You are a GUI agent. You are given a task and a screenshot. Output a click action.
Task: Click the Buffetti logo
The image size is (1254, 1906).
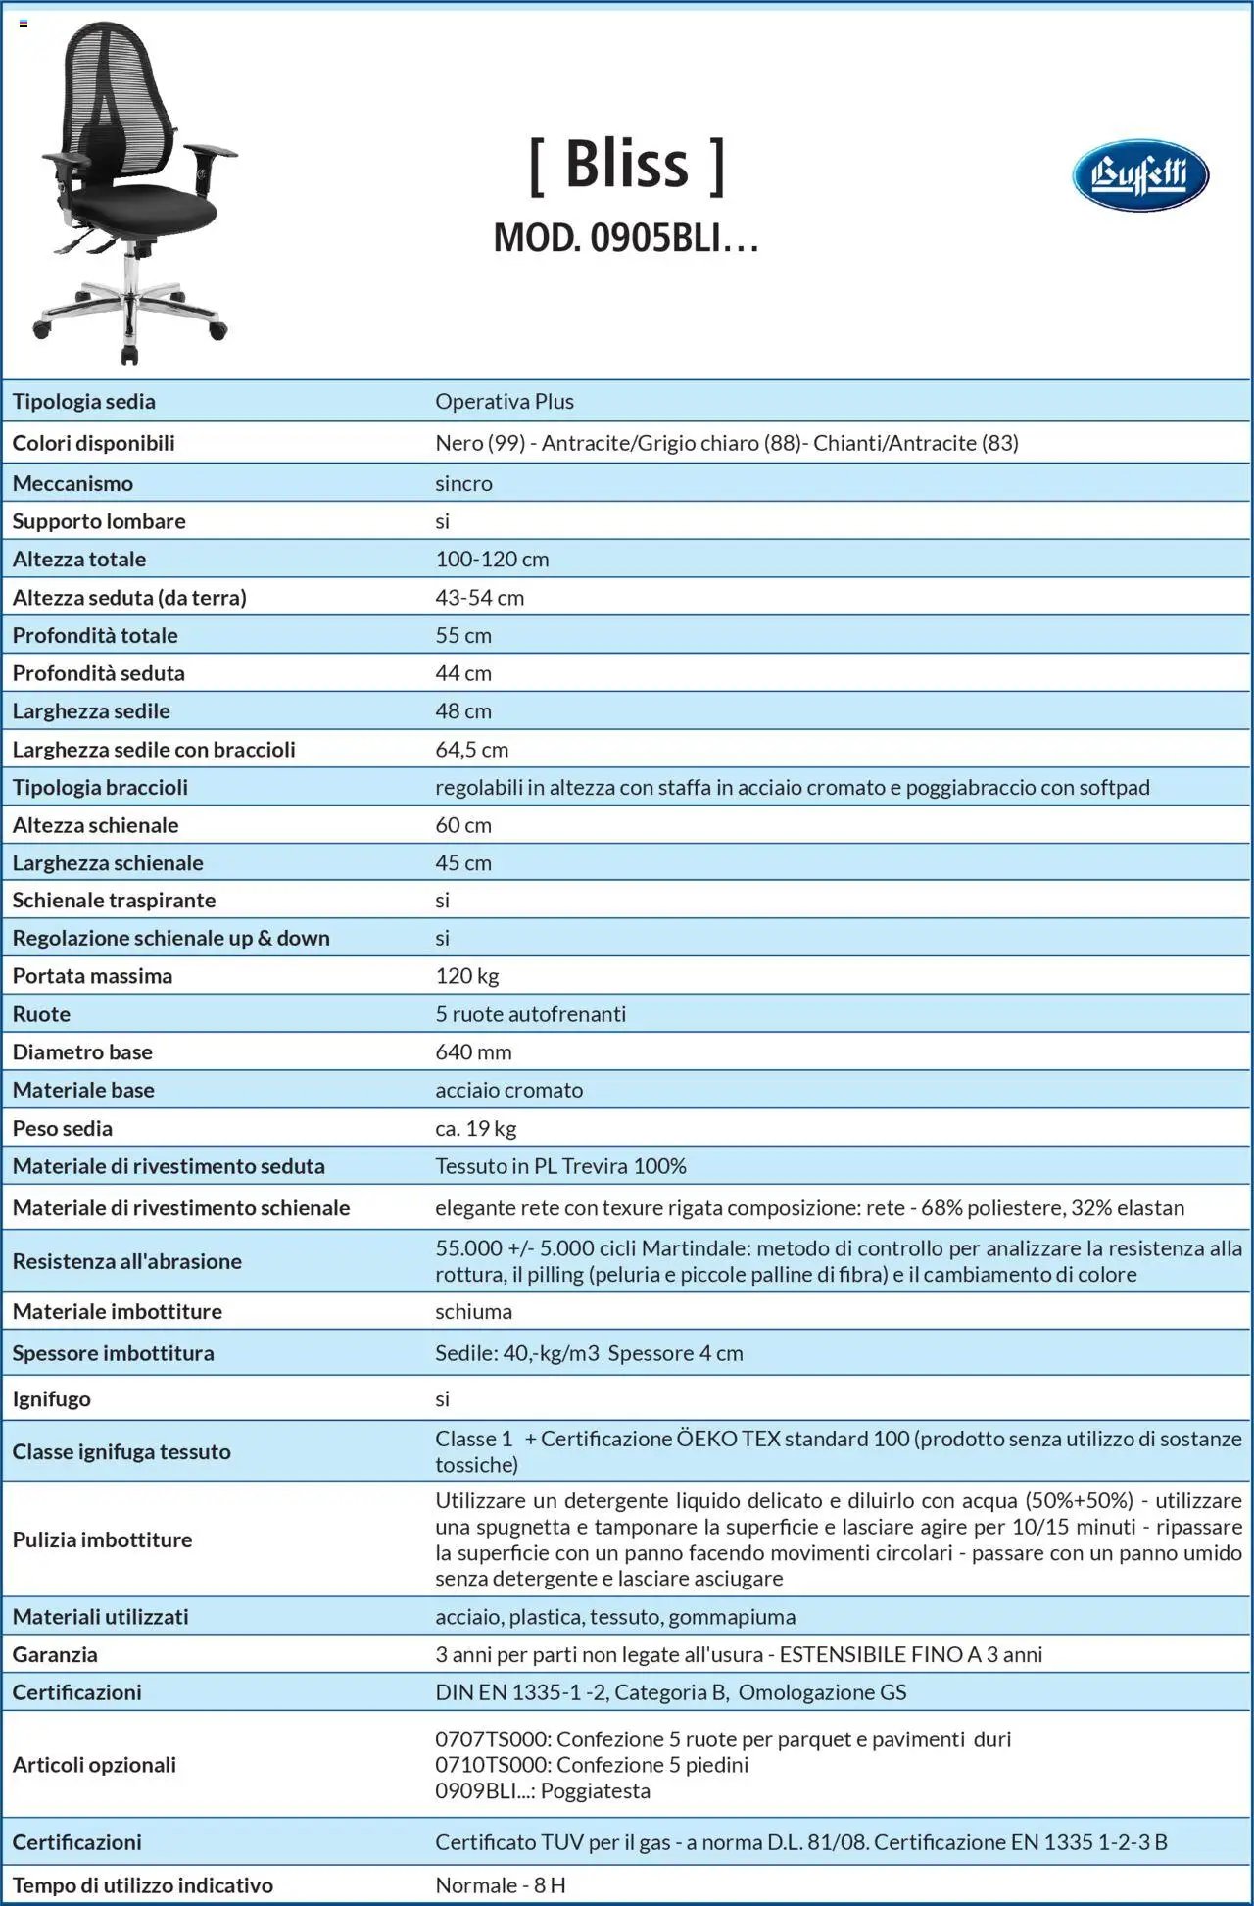click(x=1139, y=175)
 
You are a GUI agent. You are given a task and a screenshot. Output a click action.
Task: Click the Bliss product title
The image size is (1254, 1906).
click(x=627, y=164)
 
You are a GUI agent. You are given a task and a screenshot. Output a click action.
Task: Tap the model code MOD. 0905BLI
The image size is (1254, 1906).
click(x=625, y=238)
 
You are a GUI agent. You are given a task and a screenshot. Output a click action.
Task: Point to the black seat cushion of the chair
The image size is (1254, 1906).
click(x=147, y=206)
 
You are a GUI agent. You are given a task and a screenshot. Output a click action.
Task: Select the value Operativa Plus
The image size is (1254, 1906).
click(x=505, y=401)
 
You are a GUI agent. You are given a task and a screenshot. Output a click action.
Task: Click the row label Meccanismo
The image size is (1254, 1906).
click(x=72, y=483)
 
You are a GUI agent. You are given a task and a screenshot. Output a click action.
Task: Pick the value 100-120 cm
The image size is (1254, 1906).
click(x=492, y=560)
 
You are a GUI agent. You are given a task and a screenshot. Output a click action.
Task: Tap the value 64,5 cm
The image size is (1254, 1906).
click(x=471, y=750)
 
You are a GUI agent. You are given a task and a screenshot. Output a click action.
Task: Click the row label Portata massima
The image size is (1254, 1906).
click(x=92, y=976)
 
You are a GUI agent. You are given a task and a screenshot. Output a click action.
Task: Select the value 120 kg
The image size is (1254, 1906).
click(x=467, y=976)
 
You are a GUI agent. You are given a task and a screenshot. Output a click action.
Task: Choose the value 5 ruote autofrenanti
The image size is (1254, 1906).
click(x=530, y=1014)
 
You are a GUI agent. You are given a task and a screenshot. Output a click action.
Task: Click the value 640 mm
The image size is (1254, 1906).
click(x=473, y=1052)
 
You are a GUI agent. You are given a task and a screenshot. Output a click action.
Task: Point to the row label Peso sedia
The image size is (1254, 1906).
click(x=62, y=1128)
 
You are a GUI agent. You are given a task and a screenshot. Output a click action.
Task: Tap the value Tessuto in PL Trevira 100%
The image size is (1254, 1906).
click(x=560, y=1166)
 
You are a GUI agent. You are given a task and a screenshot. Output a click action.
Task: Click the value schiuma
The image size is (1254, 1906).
click(x=473, y=1311)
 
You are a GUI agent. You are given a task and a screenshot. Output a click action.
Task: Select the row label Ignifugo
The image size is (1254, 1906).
click(x=51, y=1398)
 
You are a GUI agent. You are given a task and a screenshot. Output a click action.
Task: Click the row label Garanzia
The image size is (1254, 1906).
click(x=55, y=1654)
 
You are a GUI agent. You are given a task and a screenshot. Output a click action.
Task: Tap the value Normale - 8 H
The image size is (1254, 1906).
click(x=500, y=1885)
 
